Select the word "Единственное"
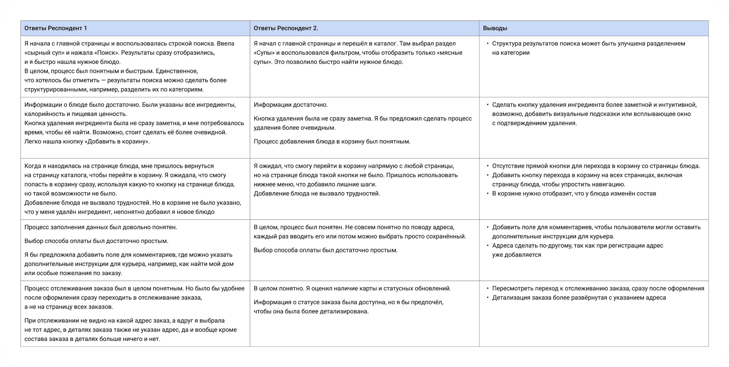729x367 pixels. [177, 71]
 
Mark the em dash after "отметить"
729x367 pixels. [103, 80]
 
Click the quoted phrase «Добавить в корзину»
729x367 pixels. [117, 141]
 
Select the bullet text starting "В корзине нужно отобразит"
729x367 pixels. [574, 194]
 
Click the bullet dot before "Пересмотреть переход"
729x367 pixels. [488, 289]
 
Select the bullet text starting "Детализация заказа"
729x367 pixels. [579, 298]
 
